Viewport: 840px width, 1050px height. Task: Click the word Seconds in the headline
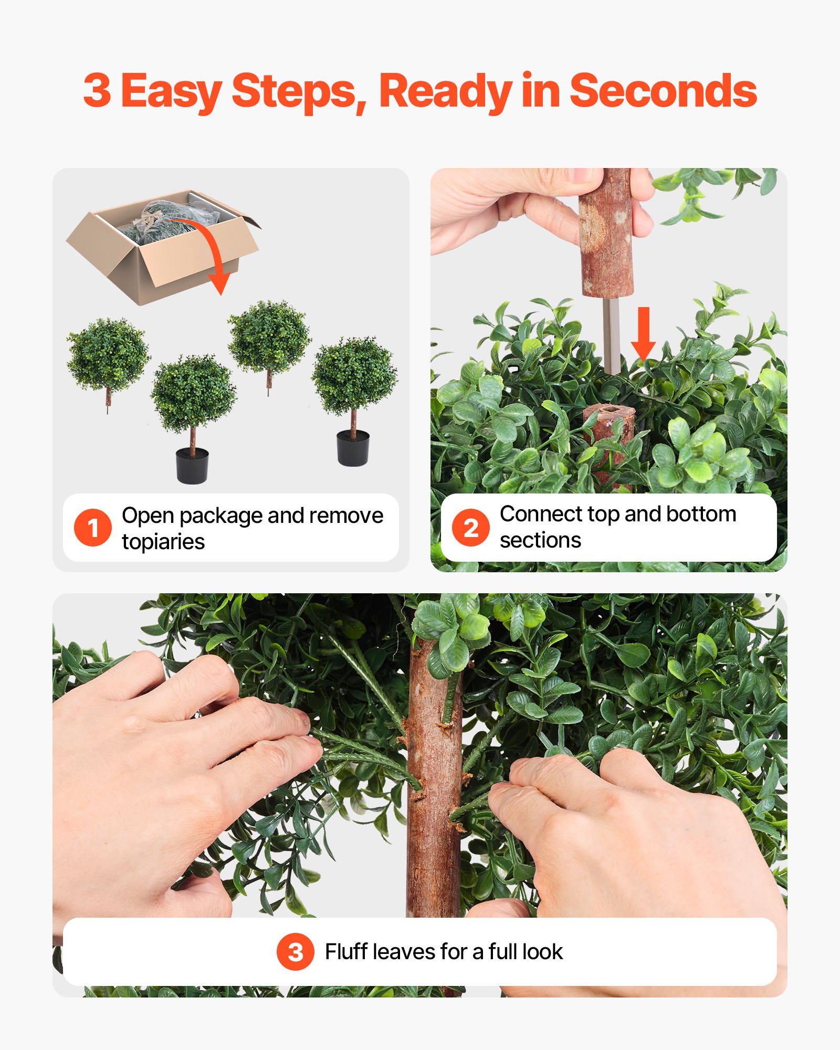coord(663,91)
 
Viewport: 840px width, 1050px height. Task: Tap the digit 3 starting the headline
coord(97,91)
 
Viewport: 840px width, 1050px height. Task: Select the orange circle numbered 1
coord(93,527)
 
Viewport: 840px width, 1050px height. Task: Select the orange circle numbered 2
coord(470,527)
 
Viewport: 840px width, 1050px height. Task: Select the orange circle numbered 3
coord(296,951)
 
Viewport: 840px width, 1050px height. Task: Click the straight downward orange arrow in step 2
coord(643,333)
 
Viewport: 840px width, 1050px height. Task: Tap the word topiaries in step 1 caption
coord(163,541)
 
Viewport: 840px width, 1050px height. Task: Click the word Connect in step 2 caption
coord(541,514)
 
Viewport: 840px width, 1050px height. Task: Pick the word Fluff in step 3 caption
coord(346,951)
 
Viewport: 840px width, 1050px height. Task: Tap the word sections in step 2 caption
coord(540,540)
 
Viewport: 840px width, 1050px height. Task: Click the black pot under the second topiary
coord(192,465)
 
